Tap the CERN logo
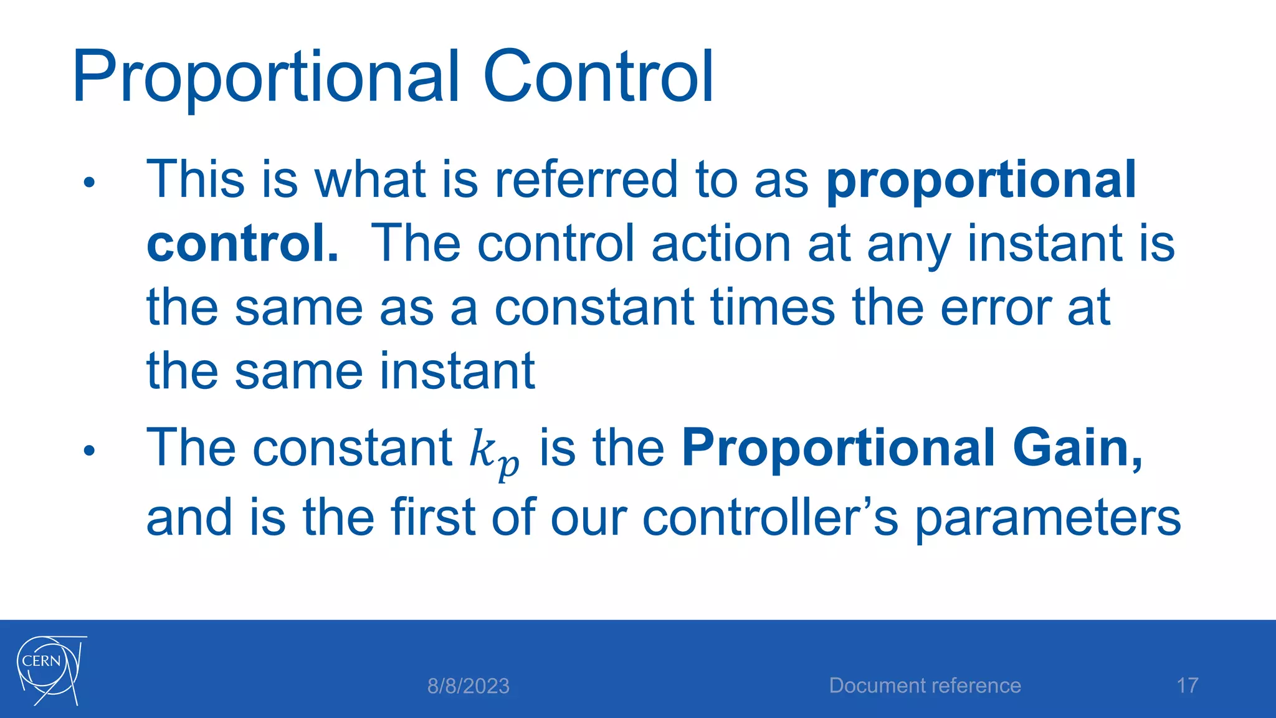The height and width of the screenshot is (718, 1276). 50,670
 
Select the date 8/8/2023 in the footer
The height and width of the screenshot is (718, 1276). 468,686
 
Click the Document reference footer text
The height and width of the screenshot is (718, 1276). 925,686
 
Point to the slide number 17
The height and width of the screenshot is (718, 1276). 1187,686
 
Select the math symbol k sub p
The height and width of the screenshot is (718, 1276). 493,451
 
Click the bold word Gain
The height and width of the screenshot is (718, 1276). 1077,448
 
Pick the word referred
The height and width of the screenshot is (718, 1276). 585,179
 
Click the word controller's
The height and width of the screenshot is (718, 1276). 770,517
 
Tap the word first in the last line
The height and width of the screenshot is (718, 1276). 434,517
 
